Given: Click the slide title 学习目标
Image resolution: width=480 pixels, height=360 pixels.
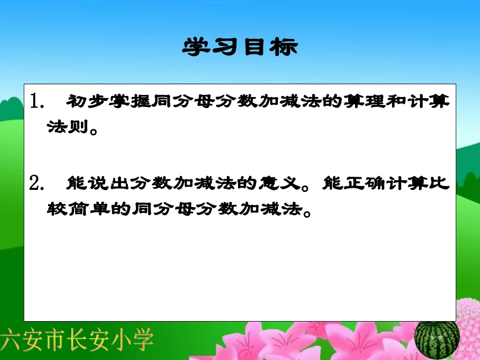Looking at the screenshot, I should (240, 47).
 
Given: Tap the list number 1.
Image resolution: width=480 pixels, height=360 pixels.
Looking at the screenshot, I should (36, 101).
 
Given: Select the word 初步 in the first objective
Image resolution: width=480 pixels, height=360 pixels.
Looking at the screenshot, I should (82, 101).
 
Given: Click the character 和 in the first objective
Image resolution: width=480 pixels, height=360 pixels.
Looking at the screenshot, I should (399, 101).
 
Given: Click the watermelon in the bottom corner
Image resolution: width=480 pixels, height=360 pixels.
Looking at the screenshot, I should (437, 337).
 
